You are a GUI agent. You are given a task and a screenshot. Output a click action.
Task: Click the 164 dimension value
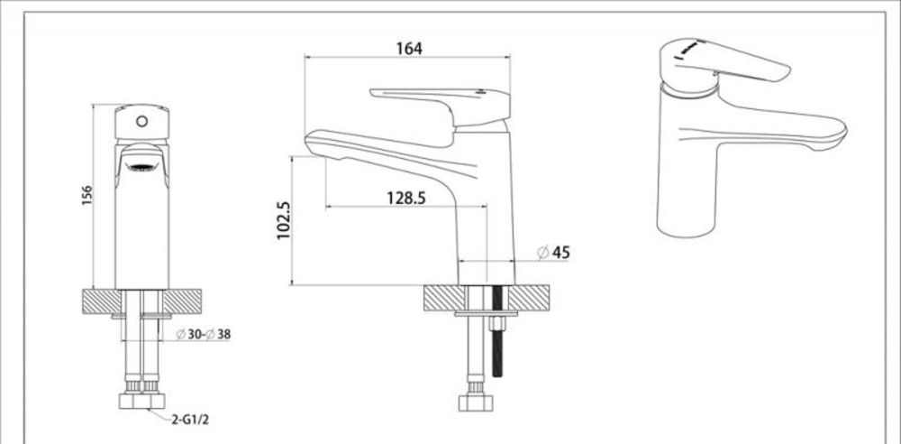408,48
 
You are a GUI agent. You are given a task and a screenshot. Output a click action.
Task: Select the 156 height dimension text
87,196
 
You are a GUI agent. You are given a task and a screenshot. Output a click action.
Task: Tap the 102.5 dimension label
282,220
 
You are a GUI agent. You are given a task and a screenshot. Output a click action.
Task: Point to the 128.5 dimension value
406,198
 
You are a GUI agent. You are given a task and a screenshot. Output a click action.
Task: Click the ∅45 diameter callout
553,254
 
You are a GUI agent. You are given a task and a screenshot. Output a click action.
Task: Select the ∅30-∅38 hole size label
204,335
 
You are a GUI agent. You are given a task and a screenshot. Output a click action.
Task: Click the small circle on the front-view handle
141,119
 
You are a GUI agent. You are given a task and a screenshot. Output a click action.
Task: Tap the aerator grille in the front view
141,165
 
